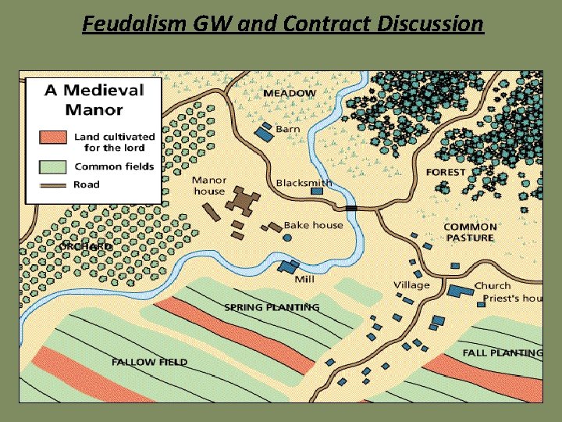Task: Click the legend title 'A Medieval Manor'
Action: click(94, 98)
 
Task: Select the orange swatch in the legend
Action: click(53, 138)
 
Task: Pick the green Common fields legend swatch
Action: click(53, 166)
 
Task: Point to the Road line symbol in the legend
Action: click(53, 184)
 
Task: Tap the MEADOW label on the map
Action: click(290, 93)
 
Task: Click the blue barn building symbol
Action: click(265, 133)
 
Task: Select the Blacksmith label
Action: click(304, 183)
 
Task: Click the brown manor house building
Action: click(244, 200)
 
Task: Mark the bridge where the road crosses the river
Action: click(351, 208)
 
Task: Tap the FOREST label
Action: click(446, 172)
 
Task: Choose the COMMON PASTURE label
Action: click(470, 232)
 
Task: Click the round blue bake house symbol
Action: click(287, 237)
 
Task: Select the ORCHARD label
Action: click(87, 246)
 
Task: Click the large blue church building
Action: click(460, 291)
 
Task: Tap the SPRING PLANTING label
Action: click(272, 307)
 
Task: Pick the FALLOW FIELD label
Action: click(149, 362)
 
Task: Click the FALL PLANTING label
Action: click(502, 352)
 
